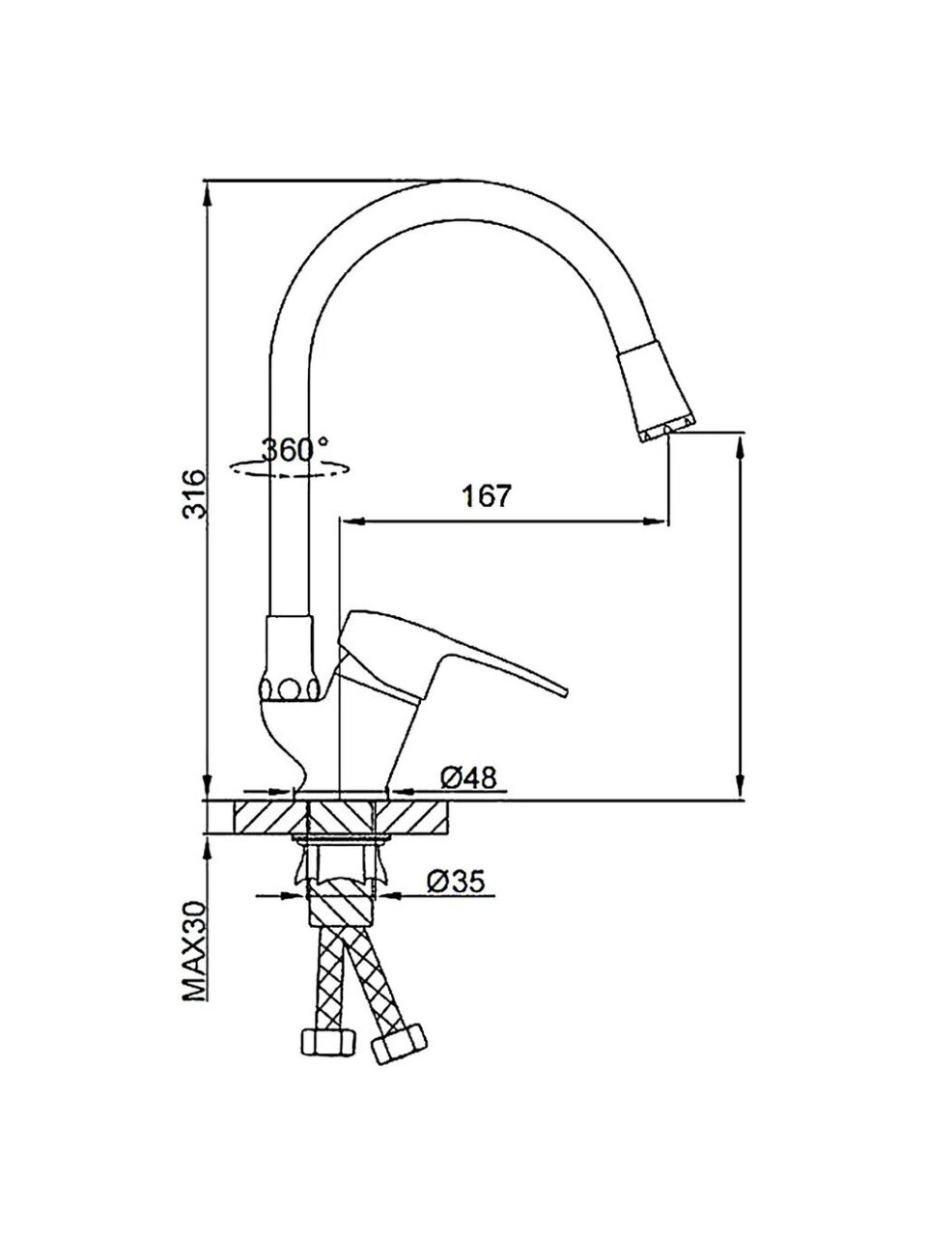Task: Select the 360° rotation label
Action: [295, 449]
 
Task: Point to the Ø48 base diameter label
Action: [468, 778]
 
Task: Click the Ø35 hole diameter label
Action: [456, 882]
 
